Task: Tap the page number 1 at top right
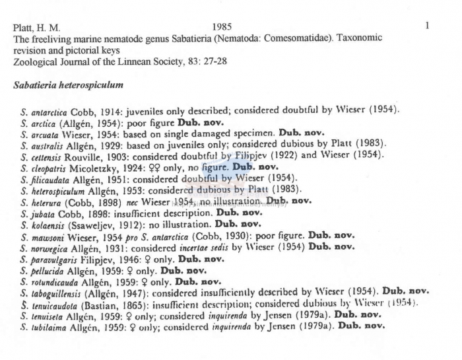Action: [x=428, y=26]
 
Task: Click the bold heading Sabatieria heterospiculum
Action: [x=68, y=86]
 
